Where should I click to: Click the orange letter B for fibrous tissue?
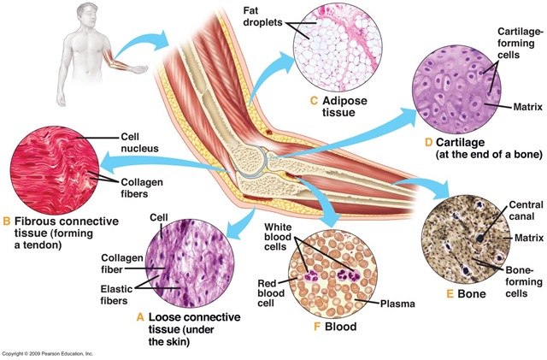pos(7,224)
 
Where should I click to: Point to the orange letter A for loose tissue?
pos(141,316)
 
